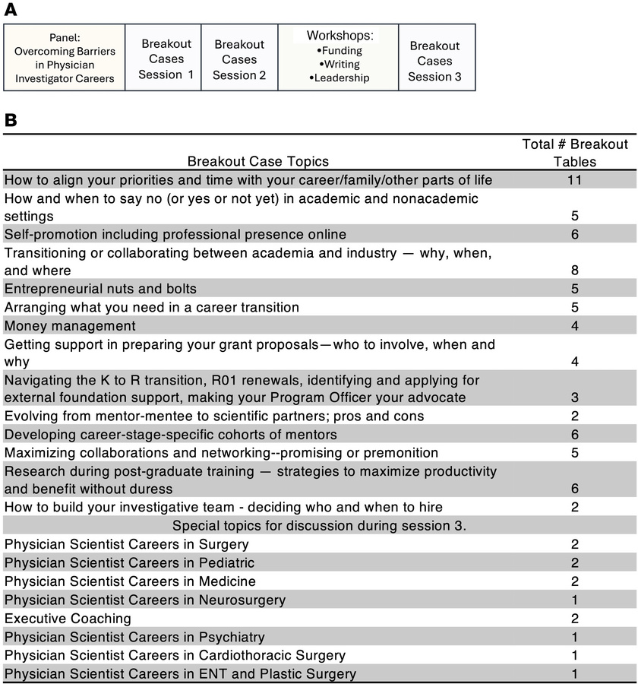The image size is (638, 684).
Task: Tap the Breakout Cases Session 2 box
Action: (239, 59)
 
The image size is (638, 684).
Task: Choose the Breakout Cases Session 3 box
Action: (434, 60)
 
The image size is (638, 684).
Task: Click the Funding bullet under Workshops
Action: (339, 50)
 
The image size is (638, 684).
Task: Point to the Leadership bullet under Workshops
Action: (339, 78)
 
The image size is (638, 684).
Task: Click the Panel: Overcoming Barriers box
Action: (65, 57)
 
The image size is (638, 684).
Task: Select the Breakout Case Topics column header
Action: (258, 161)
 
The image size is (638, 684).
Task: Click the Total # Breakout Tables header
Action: (574, 153)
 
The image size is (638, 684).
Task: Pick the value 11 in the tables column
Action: (575, 180)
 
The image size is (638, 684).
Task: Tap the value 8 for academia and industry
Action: (575, 270)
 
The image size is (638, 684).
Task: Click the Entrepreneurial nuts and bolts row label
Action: (100, 289)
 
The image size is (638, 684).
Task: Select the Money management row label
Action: (70, 325)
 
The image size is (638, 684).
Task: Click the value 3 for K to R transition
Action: (575, 397)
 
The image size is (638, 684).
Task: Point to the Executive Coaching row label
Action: (68, 618)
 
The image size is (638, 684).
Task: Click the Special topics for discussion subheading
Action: (319, 526)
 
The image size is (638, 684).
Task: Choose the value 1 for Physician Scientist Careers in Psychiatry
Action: (575, 636)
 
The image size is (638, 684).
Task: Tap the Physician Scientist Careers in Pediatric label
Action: (129, 562)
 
